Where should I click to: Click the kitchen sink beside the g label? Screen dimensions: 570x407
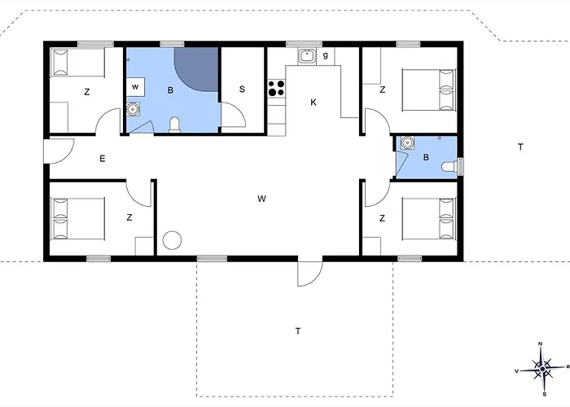coord(307,56)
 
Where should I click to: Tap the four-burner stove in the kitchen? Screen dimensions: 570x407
coord(276,88)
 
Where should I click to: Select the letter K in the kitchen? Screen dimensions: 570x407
coord(313,103)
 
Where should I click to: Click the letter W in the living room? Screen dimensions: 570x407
coord(261,199)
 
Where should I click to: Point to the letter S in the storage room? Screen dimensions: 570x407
coord(242,90)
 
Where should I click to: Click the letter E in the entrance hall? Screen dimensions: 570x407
coord(103,159)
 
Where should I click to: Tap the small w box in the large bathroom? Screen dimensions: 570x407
coord(135,87)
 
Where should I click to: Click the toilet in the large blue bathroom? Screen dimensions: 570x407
coord(174,125)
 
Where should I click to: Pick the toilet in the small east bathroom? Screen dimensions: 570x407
coord(449,167)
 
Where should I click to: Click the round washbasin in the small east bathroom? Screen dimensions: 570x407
coord(407,142)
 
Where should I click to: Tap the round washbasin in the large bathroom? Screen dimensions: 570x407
coord(133,109)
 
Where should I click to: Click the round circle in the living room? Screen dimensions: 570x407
coord(172,240)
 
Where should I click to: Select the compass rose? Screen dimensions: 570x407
coord(542,370)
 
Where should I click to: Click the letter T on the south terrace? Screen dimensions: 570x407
coord(298,331)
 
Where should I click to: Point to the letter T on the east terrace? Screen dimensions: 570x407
coord(520,147)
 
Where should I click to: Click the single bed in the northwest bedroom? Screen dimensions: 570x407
coord(78,63)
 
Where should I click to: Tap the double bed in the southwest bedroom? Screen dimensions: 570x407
coord(78,218)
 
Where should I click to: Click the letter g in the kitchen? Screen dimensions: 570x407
coord(326,55)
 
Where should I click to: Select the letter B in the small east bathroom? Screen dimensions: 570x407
coord(426,157)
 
